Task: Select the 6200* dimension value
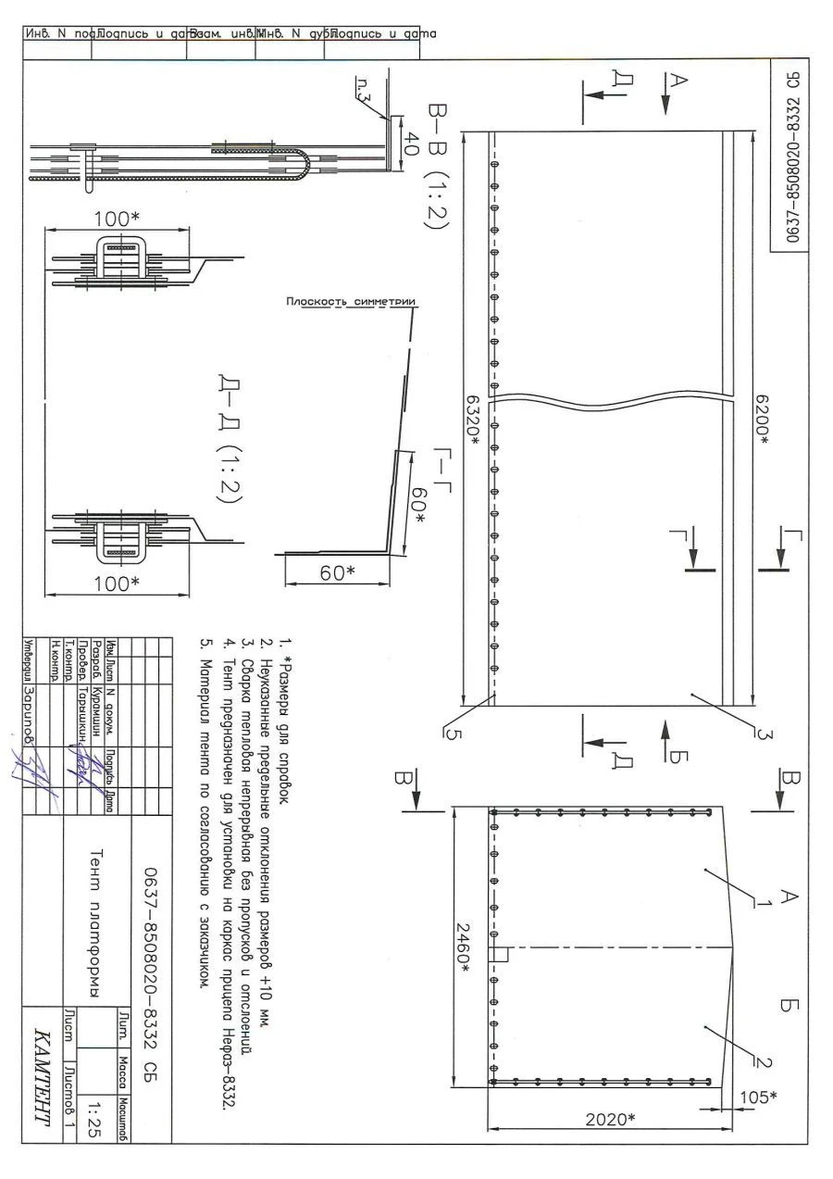762,420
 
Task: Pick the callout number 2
768,1061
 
